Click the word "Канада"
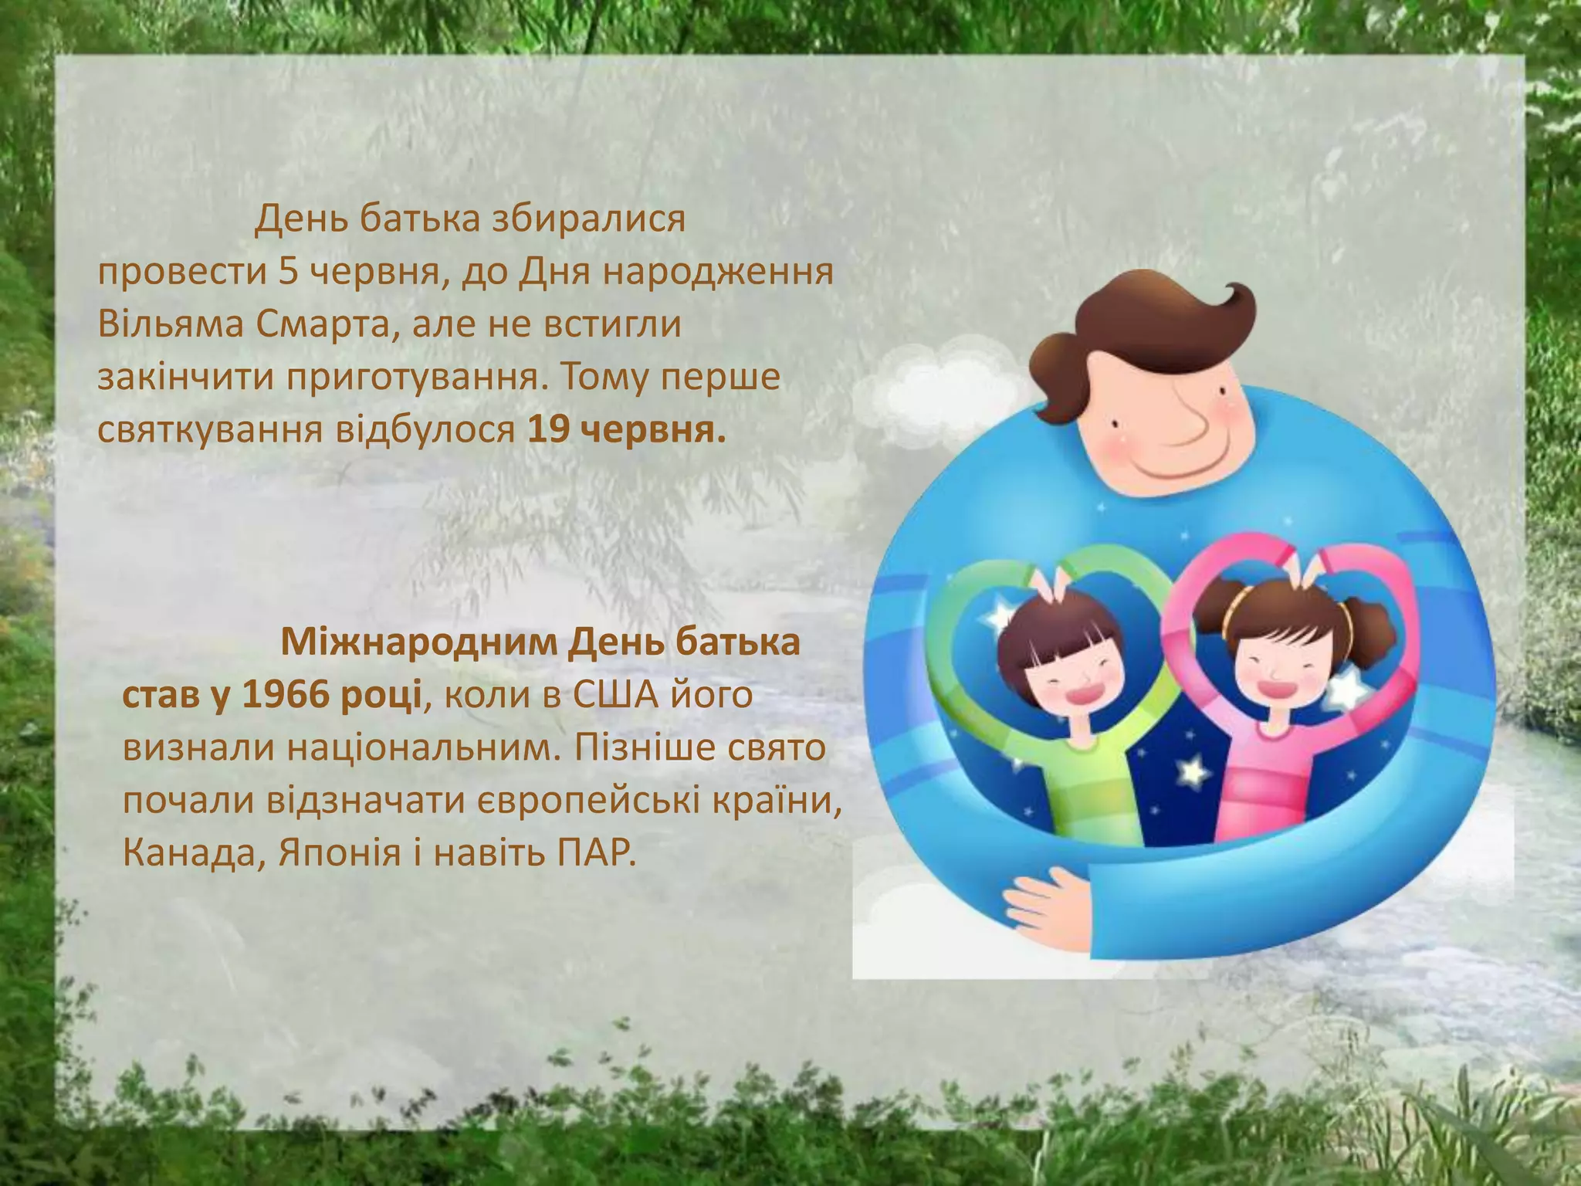[x=186, y=853]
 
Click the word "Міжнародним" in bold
[x=418, y=642]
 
